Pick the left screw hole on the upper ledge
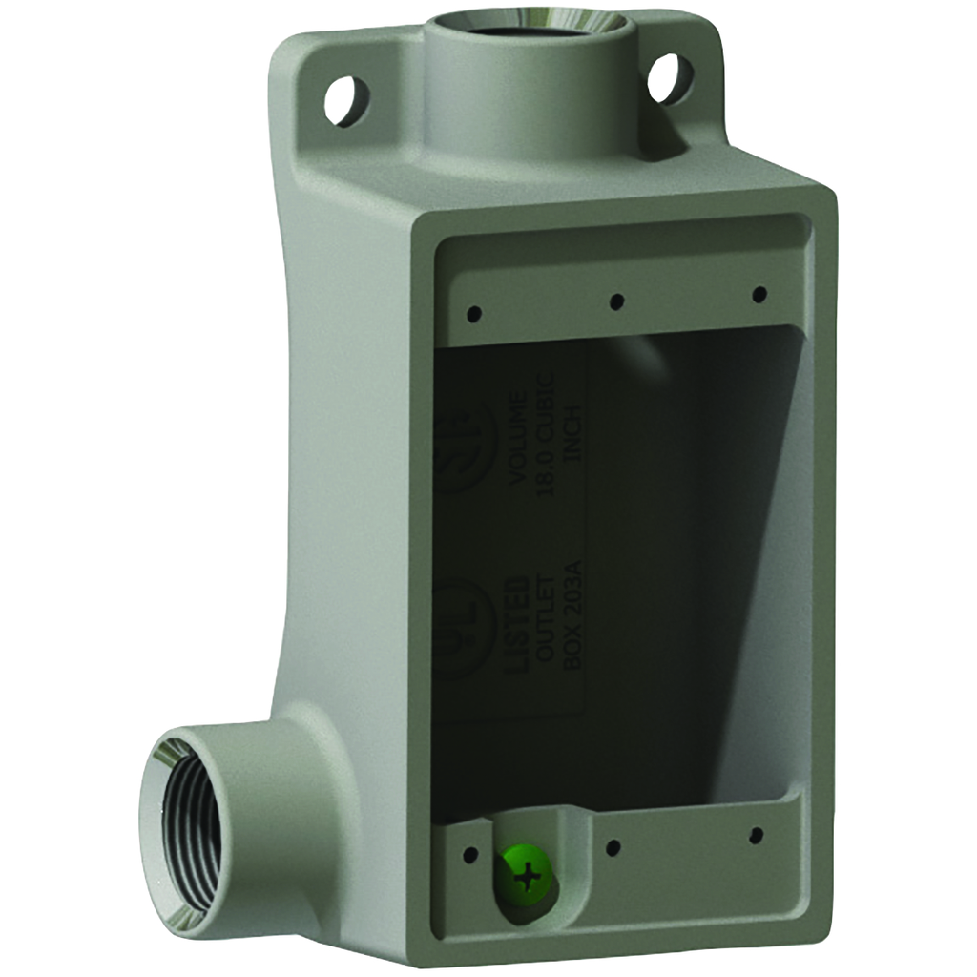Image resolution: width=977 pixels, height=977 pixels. point(471,312)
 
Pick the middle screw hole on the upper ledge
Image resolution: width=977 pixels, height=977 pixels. point(616,301)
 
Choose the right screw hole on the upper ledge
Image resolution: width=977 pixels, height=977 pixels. point(759,293)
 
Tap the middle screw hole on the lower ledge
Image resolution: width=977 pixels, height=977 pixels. point(613,846)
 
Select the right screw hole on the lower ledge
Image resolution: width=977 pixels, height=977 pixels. point(756,836)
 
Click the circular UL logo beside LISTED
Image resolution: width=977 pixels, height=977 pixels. point(468,630)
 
